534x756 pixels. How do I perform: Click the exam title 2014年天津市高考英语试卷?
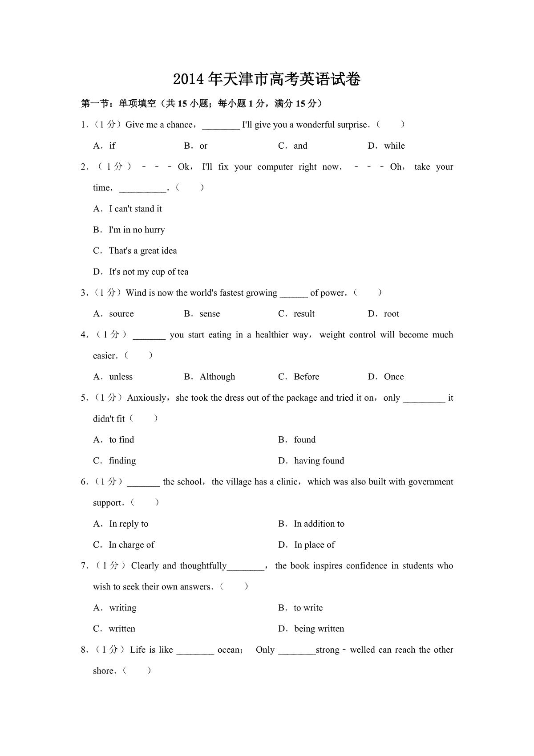pyautogui.click(x=267, y=79)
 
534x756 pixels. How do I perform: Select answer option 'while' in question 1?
pyautogui.click(x=394, y=146)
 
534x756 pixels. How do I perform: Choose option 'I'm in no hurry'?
pyautogui.click(x=137, y=230)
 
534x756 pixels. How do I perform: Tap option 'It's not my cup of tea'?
pyautogui.click(x=149, y=272)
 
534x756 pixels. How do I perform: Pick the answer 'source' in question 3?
pyautogui.click(x=121, y=313)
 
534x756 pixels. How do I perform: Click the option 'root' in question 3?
pyautogui.click(x=392, y=313)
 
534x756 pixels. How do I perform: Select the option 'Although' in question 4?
pyautogui.click(x=217, y=377)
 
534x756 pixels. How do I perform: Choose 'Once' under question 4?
pyautogui.click(x=394, y=377)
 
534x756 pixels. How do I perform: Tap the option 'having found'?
pyautogui.click(x=319, y=460)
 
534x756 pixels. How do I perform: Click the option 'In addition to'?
pyautogui.click(x=319, y=524)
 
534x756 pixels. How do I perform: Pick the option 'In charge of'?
pyautogui.click(x=132, y=545)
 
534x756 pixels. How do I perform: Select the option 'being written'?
pyautogui.click(x=319, y=629)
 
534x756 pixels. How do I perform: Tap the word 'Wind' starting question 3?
pyautogui.click(x=136, y=293)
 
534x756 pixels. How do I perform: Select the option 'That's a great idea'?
pyautogui.click(x=143, y=251)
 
